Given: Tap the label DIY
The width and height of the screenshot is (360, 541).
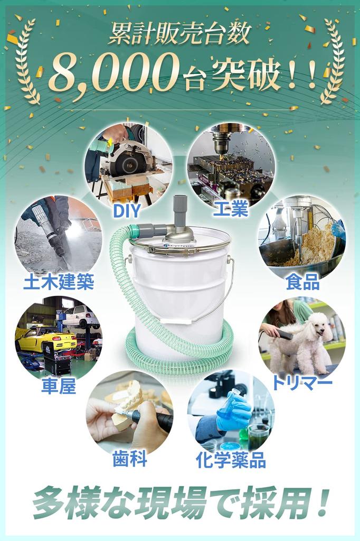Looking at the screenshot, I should pos(127,210).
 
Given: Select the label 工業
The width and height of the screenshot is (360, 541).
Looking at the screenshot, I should pos(231,210).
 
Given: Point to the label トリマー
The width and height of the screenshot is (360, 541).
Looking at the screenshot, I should pos(302,382).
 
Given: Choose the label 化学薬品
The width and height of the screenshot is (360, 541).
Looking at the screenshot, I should pos(230,460).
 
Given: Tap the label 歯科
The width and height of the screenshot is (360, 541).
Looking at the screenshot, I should pos(129,459).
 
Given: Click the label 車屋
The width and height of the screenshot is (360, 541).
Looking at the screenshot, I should pos(59,386).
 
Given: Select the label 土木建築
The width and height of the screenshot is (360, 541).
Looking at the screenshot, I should pos(59,282).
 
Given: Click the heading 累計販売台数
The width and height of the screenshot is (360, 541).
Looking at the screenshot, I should pos(179,34).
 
